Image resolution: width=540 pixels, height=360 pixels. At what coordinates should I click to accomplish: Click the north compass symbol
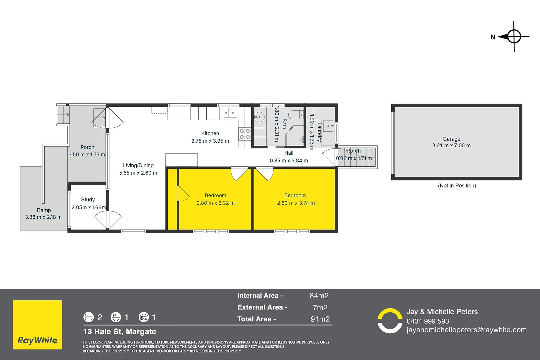click(514, 36)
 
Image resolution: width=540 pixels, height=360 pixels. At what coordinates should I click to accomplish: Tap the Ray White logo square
click(37, 325)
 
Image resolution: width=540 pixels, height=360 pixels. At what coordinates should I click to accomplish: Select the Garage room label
click(451, 139)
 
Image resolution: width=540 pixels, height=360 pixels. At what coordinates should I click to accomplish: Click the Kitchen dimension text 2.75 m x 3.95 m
click(210, 141)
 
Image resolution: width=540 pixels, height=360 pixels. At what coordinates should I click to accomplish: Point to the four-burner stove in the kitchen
click(244, 134)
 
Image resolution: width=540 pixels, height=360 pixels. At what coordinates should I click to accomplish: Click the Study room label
click(88, 200)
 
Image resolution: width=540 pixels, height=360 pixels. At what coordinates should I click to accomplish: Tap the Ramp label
click(44, 210)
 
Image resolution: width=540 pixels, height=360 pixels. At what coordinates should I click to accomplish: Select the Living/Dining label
click(138, 165)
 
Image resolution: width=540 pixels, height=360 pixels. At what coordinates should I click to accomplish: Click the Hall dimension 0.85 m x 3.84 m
click(289, 161)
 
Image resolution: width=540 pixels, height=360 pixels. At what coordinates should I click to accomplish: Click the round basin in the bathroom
click(259, 117)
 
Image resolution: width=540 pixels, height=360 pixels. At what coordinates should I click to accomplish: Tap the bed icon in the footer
click(89, 317)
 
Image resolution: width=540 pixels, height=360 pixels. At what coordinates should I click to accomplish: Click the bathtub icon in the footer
click(116, 317)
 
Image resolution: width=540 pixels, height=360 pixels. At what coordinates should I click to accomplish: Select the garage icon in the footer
click(144, 317)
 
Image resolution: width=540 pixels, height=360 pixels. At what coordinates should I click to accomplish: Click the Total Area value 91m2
click(320, 319)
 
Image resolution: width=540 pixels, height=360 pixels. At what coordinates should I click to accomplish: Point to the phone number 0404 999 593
click(428, 321)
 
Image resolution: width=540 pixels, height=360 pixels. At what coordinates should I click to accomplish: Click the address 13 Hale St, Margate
click(120, 332)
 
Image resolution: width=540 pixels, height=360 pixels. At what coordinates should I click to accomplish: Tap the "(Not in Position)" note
click(457, 186)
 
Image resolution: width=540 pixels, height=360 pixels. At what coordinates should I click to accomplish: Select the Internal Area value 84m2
click(319, 296)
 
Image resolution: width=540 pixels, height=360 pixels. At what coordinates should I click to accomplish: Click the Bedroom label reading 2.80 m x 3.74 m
click(296, 203)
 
